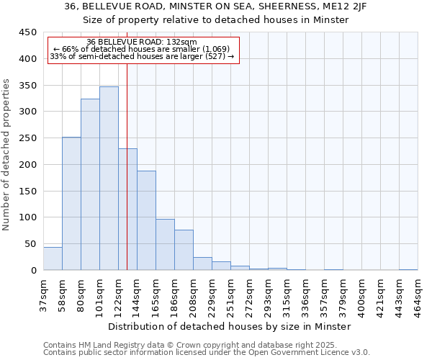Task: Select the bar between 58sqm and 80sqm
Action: [71, 204]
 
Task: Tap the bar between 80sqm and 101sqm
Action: [90, 184]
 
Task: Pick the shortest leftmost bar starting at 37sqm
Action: [53, 258]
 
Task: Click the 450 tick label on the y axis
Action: [27, 32]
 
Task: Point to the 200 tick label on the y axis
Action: [27, 165]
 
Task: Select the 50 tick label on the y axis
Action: [30, 244]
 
